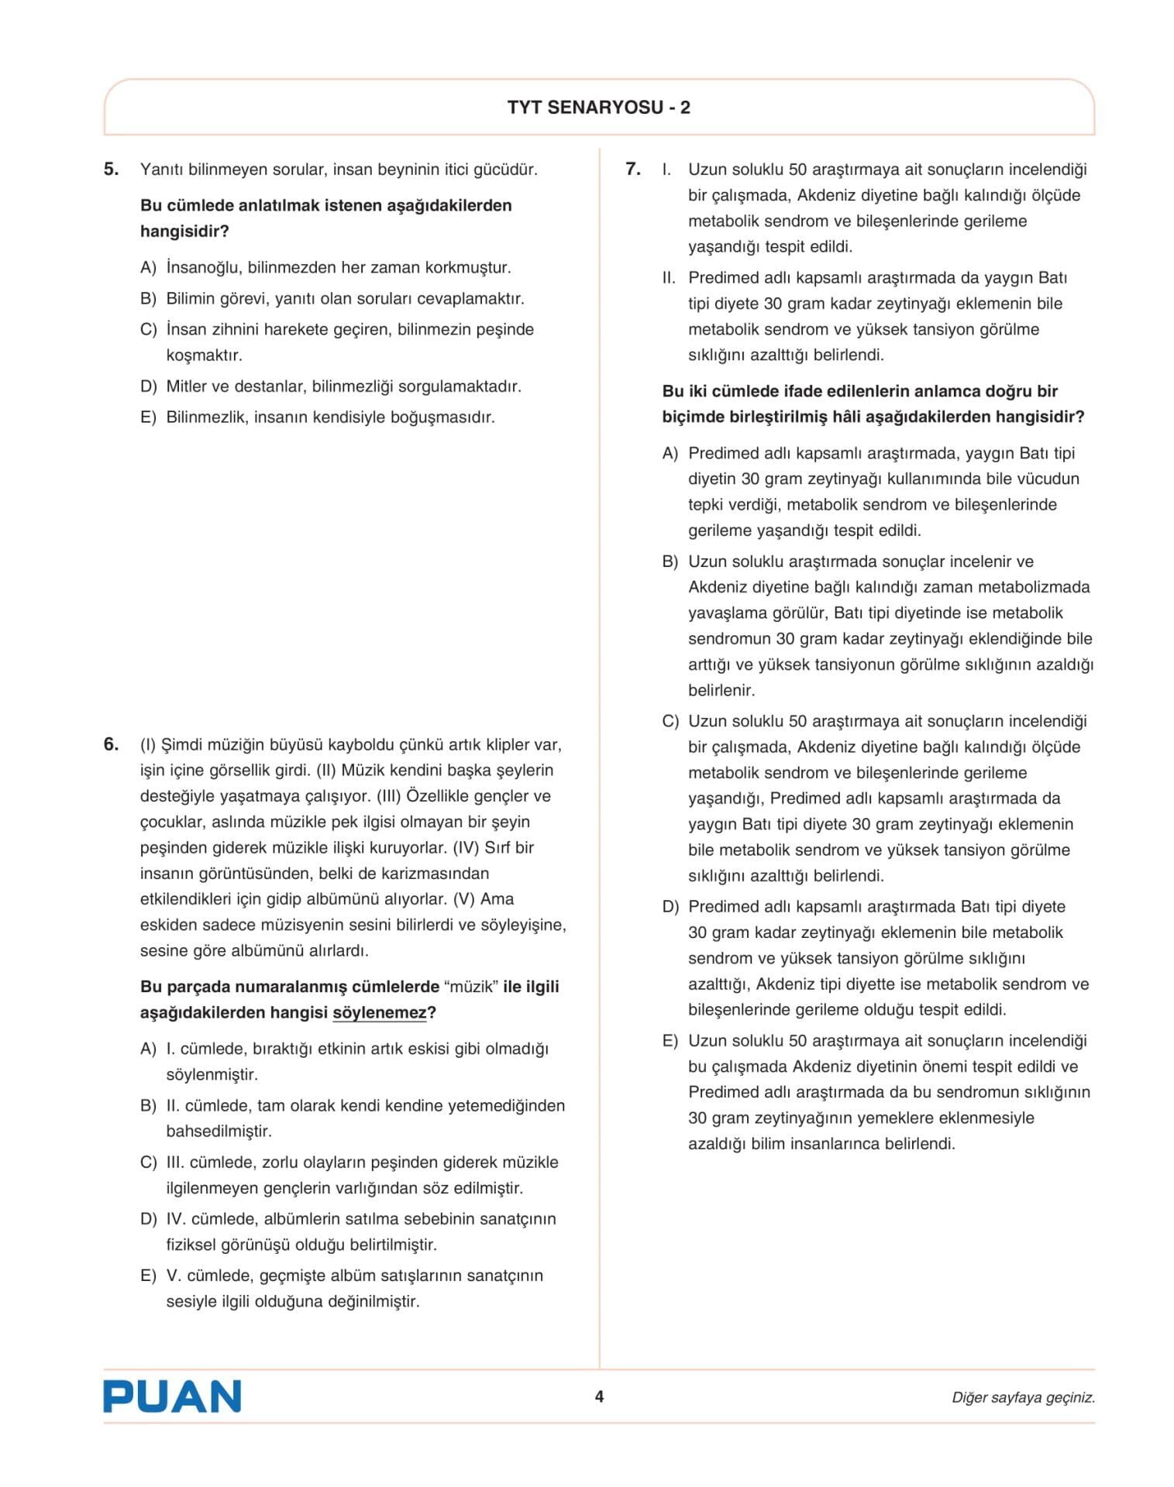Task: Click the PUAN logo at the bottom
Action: point(172,1396)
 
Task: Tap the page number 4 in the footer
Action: point(598,1396)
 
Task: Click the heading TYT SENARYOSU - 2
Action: point(598,108)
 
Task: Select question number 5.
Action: point(112,169)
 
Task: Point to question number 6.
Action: point(112,744)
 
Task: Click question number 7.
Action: point(633,169)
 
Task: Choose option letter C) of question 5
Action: point(148,330)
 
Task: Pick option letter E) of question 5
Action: point(148,417)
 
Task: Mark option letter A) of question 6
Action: point(148,1049)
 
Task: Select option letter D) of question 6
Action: point(148,1219)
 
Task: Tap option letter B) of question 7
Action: point(670,561)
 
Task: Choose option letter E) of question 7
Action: point(670,1041)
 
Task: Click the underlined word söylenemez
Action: point(380,1013)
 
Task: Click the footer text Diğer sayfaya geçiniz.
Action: point(1023,1397)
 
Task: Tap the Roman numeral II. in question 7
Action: point(670,278)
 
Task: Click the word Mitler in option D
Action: point(186,386)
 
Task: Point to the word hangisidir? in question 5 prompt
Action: point(184,232)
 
